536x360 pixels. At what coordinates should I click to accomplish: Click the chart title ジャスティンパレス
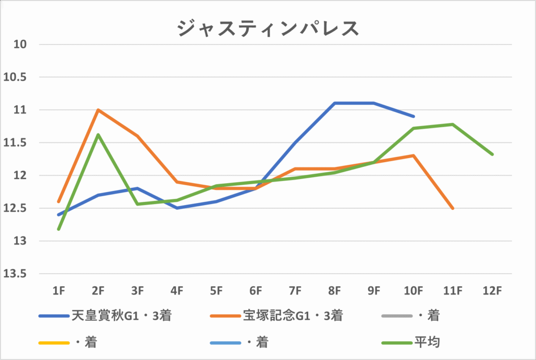tap(268, 28)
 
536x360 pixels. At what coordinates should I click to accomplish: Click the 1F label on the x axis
tap(59, 289)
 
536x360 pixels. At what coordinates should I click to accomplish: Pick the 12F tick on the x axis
tap(493, 289)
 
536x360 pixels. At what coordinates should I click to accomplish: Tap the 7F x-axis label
tap(295, 289)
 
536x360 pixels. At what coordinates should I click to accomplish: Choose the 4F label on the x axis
tap(177, 289)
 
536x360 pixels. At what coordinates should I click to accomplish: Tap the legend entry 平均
tap(426, 343)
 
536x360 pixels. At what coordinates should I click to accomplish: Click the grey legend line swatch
tap(396, 316)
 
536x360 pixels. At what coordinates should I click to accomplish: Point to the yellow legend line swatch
tap(54, 343)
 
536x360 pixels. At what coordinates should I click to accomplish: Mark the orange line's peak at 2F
tap(98, 110)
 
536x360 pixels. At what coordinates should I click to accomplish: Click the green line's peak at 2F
tap(98, 134)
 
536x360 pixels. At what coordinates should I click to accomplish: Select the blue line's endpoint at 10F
tap(414, 116)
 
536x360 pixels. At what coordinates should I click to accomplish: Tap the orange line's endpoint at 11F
tap(453, 208)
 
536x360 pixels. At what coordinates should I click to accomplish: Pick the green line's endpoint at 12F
tap(493, 154)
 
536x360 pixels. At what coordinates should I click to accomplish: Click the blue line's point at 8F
tap(334, 103)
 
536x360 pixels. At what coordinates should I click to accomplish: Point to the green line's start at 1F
tap(59, 229)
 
